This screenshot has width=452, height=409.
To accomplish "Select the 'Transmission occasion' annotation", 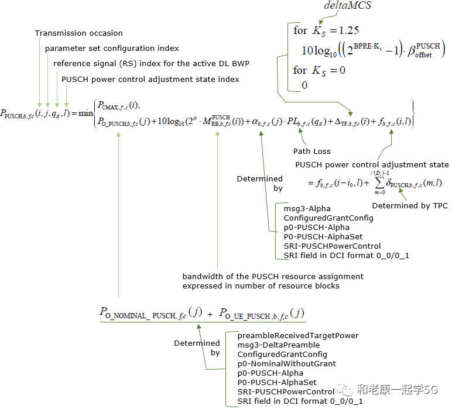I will point(79,33).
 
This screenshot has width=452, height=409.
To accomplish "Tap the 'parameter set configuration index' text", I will point(112,48).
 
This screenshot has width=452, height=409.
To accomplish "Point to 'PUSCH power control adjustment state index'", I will point(150,79).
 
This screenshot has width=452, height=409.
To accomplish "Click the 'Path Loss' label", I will point(311,151).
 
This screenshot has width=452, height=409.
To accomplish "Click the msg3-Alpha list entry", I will point(307,208).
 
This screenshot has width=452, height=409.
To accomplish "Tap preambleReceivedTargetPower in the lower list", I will point(298,336).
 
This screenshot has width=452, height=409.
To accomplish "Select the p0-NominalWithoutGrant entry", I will point(286,364).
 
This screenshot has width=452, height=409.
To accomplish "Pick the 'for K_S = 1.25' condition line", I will point(326,30).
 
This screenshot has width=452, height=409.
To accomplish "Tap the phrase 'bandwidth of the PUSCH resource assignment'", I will point(273,276).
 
